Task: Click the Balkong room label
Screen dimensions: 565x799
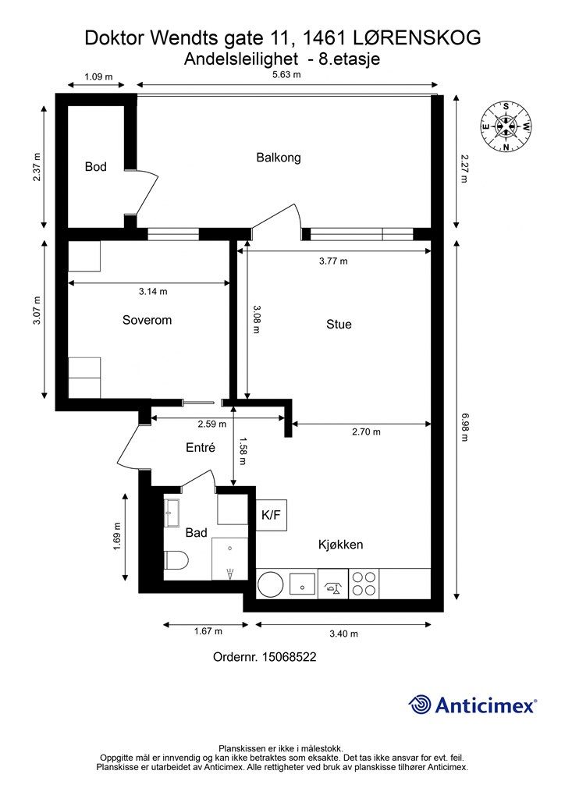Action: (x=278, y=158)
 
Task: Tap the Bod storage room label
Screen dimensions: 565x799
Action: (x=96, y=167)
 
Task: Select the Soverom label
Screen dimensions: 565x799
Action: (x=147, y=320)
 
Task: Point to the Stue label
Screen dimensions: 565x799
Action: (x=339, y=325)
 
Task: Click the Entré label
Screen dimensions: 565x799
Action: (x=201, y=447)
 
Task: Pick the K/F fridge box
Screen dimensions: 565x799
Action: (x=271, y=515)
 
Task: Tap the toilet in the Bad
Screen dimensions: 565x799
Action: (x=176, y=560)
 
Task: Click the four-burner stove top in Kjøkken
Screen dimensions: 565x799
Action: (x=364, y=584)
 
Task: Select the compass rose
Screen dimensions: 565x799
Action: (x=506, y=127)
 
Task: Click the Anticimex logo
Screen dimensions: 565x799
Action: (x=472, y=705)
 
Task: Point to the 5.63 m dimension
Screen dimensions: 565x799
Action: (x=286, y=75)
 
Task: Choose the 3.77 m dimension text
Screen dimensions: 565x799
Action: (x=333, y=261)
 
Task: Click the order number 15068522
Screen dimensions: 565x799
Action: (x=289, y=657)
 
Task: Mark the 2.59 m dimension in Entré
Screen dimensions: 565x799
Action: (x=212, y=424)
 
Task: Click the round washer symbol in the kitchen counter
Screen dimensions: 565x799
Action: (x=272, y=584)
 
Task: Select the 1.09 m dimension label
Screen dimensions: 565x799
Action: (x=98, y=77)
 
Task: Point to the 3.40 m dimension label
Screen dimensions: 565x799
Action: (x=343, y=634)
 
